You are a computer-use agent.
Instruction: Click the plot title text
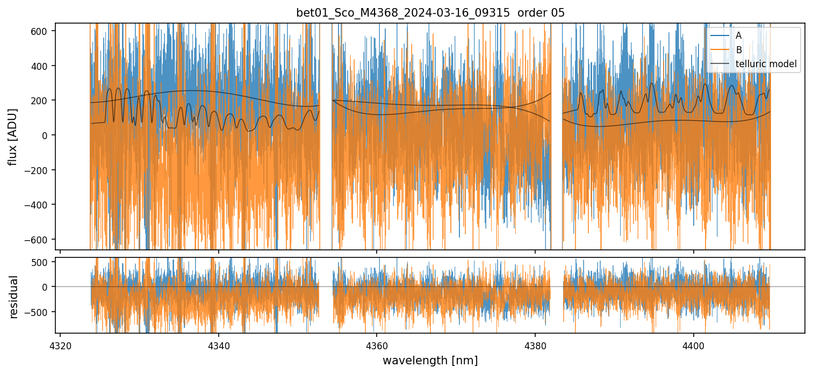tap(430, 13)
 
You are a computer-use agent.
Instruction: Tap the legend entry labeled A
tap(739, 35)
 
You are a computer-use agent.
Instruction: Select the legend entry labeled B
tap(739, 50)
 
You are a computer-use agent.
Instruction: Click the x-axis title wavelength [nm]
tap(430, 360)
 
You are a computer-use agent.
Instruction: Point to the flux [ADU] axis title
tap(12, 136)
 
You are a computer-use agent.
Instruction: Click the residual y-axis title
tap(13, 297)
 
